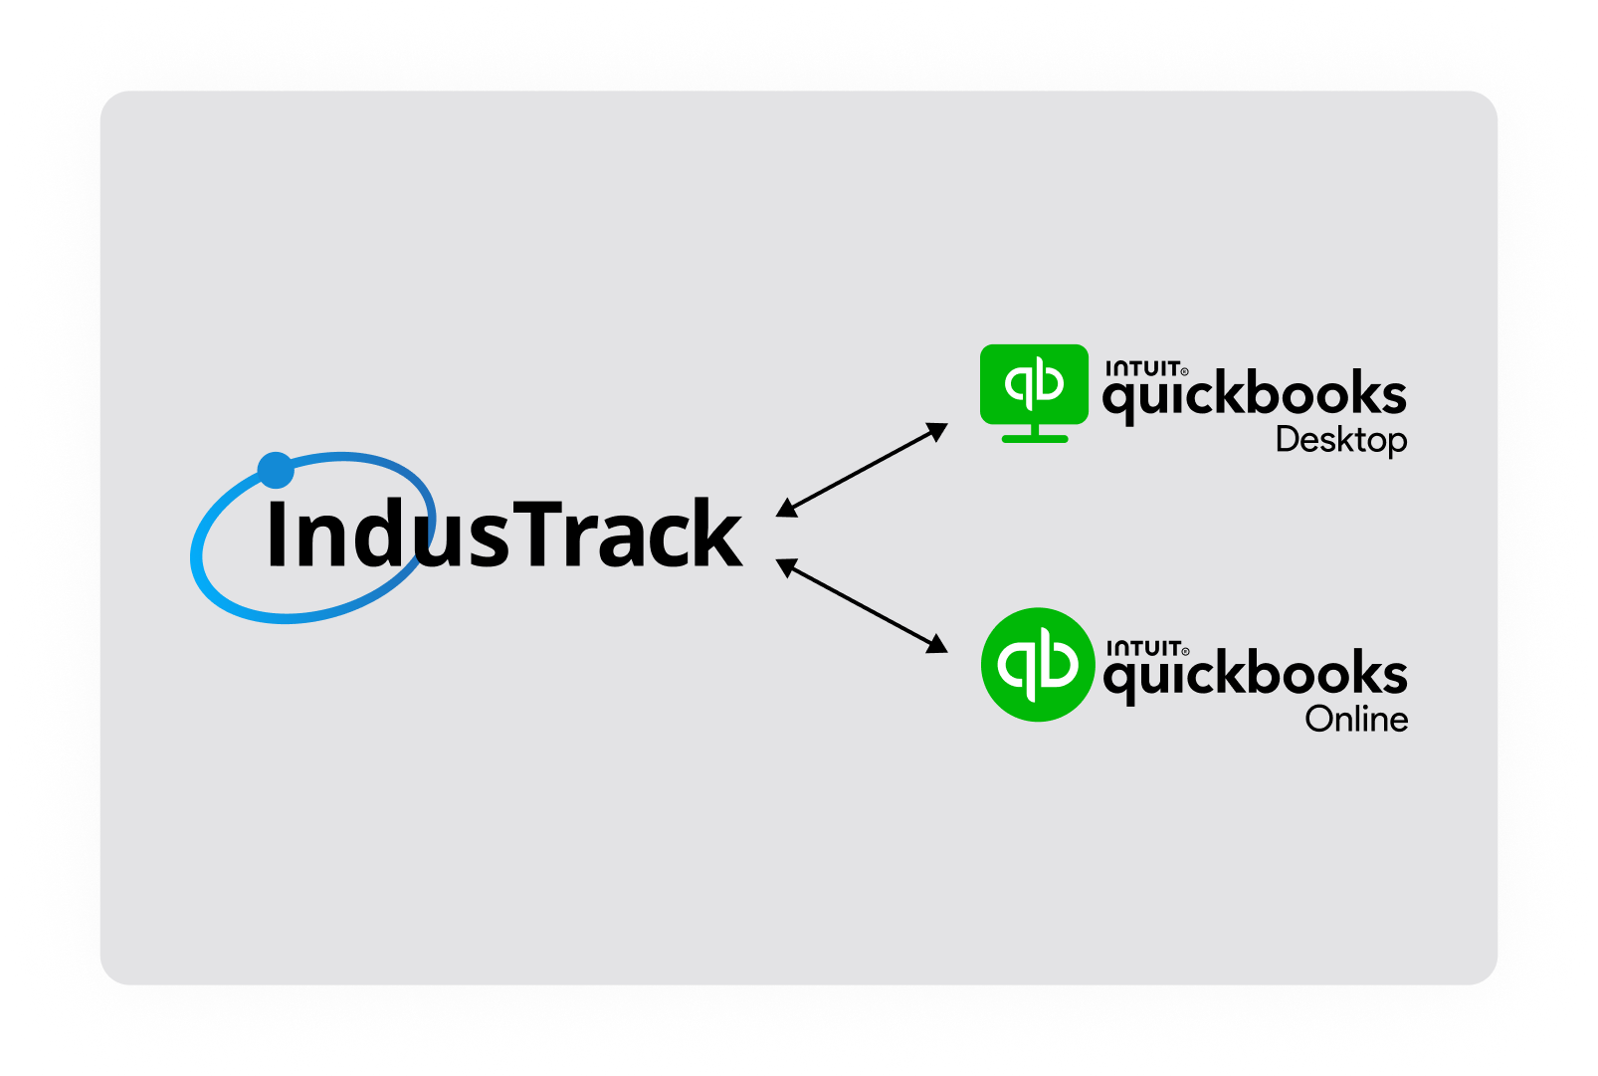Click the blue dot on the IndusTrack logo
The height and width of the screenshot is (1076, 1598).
276,470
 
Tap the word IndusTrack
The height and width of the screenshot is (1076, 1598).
503,535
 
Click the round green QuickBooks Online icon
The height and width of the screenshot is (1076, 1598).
1037,664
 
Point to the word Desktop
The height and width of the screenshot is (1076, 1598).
1340,440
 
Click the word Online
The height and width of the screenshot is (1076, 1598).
1356,719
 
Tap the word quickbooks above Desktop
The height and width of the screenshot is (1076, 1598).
1254,395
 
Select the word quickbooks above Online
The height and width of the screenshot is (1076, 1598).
1255,675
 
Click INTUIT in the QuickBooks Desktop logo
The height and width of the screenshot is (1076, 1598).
1143,368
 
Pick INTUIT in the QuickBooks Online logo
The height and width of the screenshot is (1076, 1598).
1144,648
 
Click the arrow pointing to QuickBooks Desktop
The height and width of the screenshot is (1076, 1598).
862,469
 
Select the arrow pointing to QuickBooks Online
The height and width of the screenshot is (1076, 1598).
862,605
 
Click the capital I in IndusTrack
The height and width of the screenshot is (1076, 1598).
277,534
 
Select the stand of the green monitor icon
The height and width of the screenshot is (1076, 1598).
1035,434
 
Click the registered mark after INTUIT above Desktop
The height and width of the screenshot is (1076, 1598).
1184,372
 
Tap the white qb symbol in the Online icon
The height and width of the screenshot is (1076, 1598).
1037,663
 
